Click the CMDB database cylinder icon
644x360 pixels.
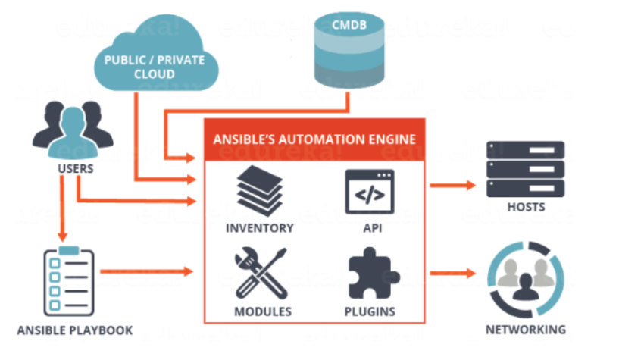pos(349,50)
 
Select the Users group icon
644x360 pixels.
pos(73,130)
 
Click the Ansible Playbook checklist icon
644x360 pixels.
pos(69,281)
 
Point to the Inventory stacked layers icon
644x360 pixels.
pos(260,191)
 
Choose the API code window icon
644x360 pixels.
pos(370,192)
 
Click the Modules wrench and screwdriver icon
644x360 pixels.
pos(261,273)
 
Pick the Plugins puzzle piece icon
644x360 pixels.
pos(373,273)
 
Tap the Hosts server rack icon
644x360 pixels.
pos(525,169)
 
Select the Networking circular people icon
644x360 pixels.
pos(526,279)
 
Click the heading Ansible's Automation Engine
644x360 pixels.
pos(314,139)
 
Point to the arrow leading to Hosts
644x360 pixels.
pos(452,186)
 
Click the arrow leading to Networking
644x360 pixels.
pos(452,273)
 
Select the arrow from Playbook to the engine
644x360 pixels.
pos(147,271)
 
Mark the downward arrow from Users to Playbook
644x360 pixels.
pos(62,208)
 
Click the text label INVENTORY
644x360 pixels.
pos(260,228)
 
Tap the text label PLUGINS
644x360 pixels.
pos(370,312)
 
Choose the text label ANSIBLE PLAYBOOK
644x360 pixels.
pos(75,330)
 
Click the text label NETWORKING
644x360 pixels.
pos(526,330)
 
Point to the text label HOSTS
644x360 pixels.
pos(526,207)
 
